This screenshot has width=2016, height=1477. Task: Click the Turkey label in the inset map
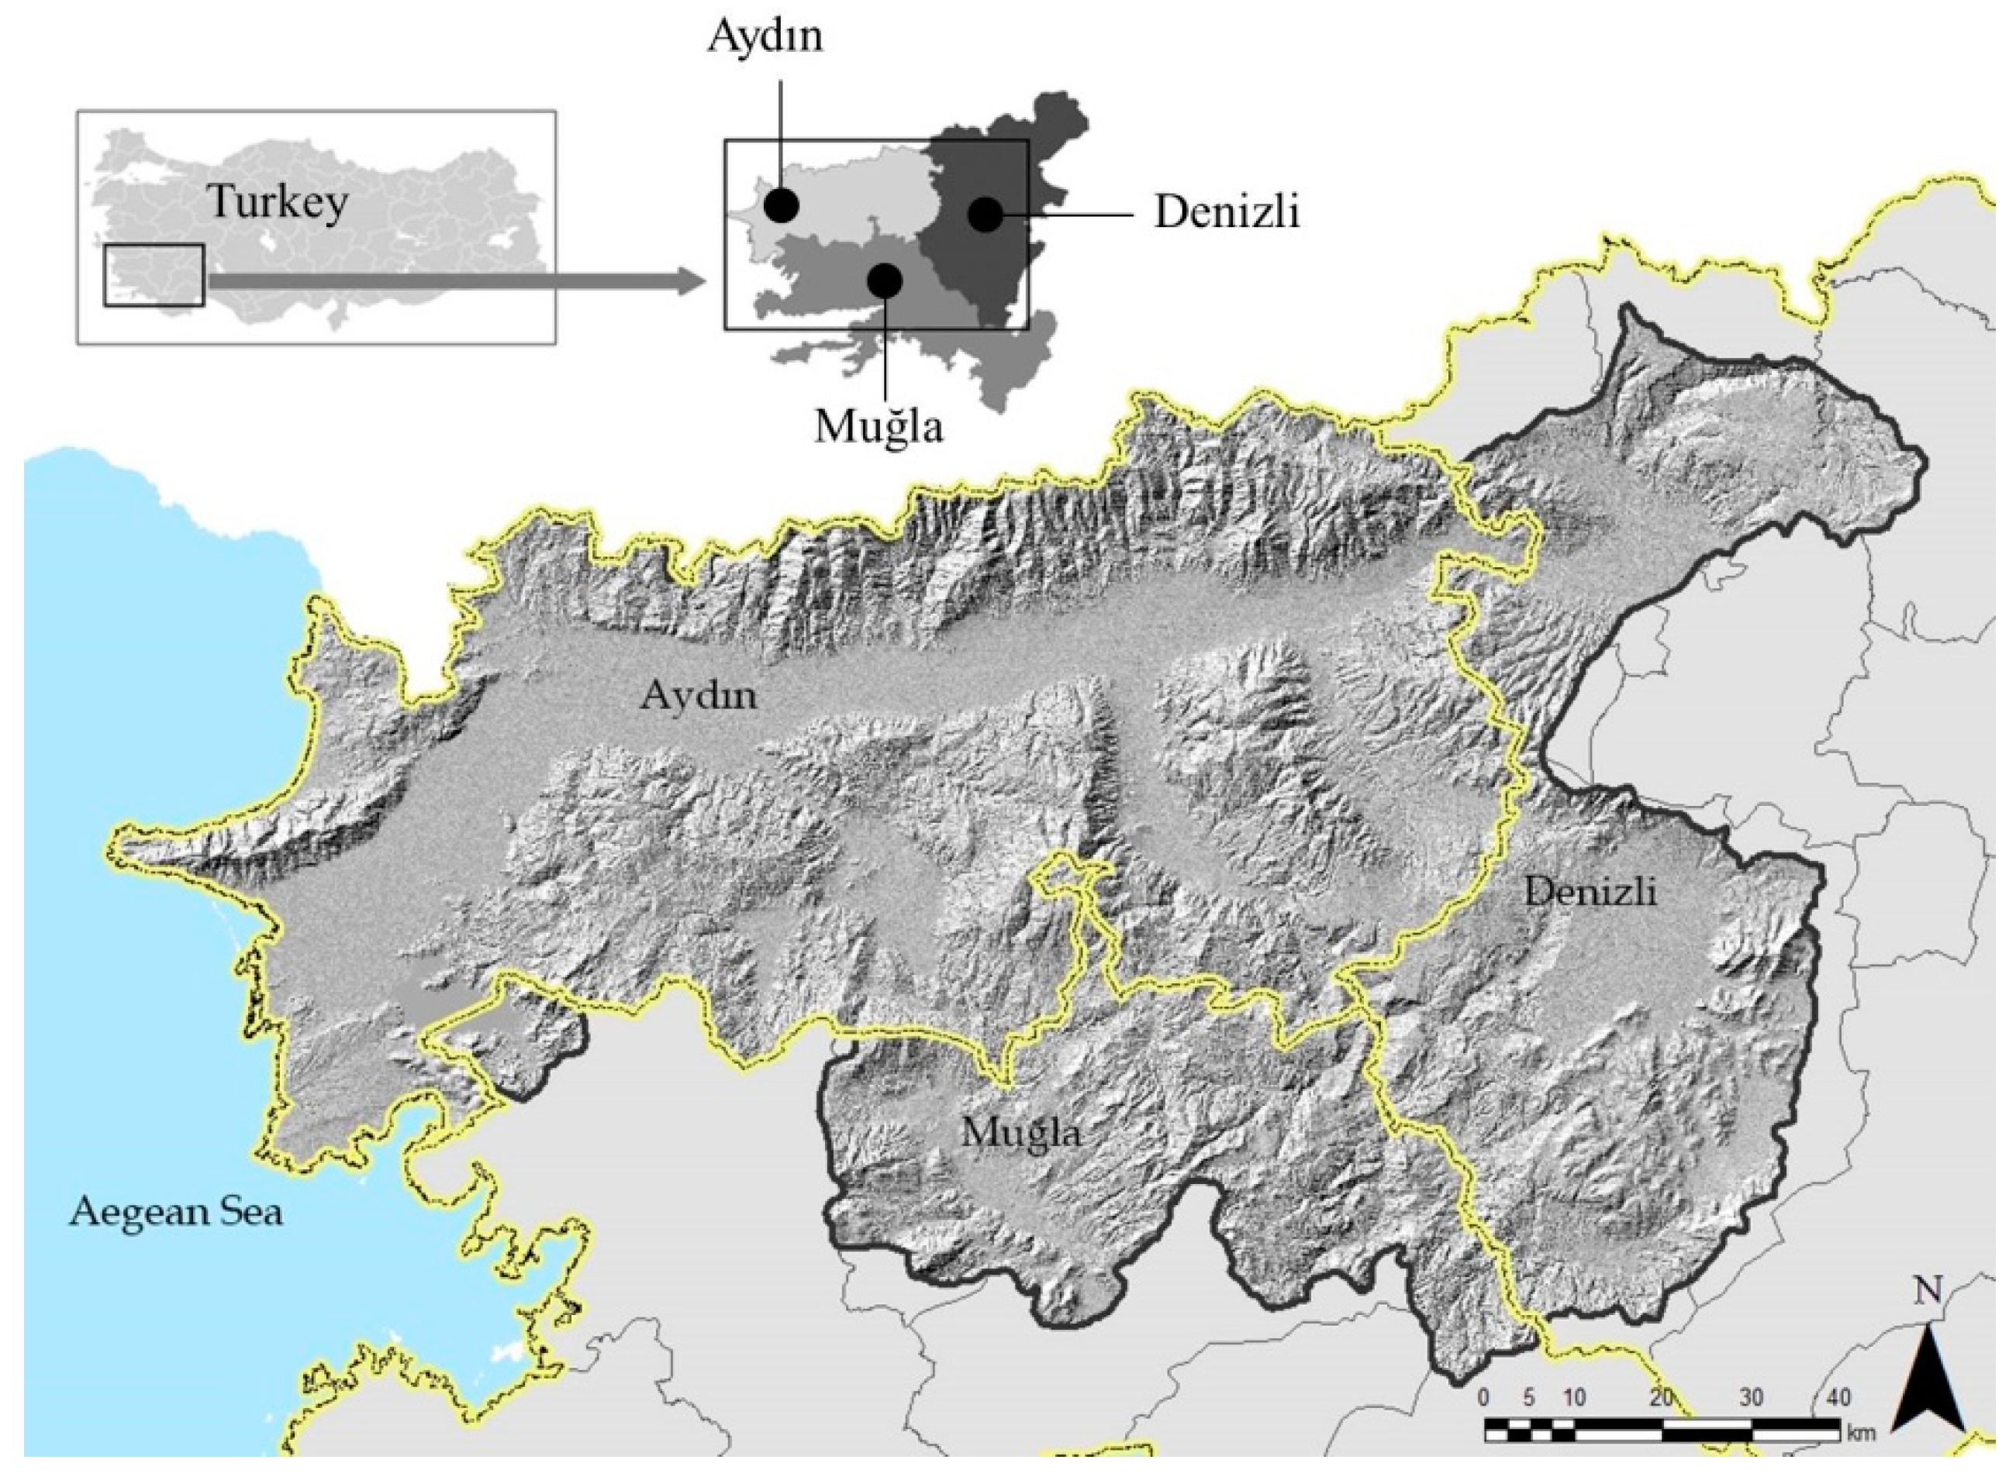click(x=278, y=202)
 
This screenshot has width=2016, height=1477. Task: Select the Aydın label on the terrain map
click(x=698, y=694)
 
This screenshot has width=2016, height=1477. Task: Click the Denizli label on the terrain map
click(x=1590, y=891)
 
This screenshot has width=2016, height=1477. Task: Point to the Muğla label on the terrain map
click(x=1020, y=1134)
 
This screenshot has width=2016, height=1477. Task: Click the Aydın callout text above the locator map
click(x=765, y=37)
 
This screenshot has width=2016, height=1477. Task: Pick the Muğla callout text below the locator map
click(x=879, y=426)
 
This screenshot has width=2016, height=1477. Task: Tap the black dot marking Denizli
click(x=986, y=214)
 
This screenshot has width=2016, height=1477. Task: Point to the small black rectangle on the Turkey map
click(x=154, y=274)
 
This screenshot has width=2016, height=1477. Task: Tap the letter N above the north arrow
click(x=1928, y=1291)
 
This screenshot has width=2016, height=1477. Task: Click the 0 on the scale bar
click(x=1485, y=1397)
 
